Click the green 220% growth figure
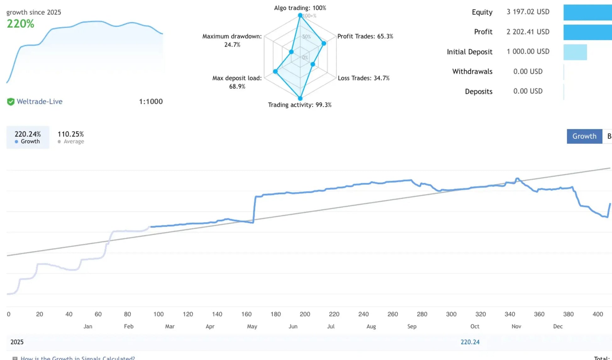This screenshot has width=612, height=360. point(20,24)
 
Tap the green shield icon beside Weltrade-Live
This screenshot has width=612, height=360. point(11,102)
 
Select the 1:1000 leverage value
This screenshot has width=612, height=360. point(151,102)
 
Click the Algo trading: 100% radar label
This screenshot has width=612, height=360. point(300,8)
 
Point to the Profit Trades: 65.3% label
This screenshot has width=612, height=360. point(365,36)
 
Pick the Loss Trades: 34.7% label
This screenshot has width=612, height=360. point(363,78)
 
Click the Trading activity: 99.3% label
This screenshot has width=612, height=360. point(299,105)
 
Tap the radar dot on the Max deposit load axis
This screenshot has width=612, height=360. point(275,72)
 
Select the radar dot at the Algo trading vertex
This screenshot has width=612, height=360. point(300,15)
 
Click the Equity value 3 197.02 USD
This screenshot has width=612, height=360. point(528,12)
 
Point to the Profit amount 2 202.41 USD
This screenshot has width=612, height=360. point(528,32)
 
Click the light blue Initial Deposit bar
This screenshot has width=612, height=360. point(575,52)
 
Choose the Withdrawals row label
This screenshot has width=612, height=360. point(472,72)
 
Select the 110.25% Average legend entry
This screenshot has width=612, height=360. point(71,137)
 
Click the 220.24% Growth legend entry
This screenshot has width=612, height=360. point(28,137)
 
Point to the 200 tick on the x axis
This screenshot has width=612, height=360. point(305,314)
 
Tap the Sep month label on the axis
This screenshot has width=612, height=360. point(412,326)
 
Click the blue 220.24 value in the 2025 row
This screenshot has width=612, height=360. point(470,342)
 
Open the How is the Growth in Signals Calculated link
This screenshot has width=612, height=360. point(78,358)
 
